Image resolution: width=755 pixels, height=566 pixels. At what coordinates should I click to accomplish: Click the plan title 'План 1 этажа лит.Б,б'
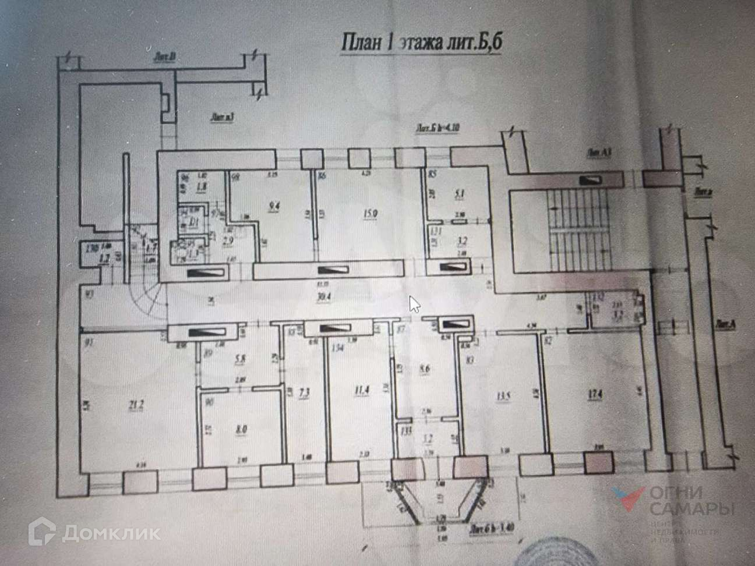tap(421, 43)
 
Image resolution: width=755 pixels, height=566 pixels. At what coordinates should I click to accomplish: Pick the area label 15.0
tap(371, 214)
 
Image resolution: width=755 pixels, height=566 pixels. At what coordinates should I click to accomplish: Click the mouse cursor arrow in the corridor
tap(414, 303)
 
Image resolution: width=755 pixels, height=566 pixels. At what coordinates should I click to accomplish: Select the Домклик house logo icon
tap(43, 531)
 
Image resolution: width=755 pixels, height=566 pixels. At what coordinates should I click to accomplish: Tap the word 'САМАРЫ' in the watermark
tap(692, 509)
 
